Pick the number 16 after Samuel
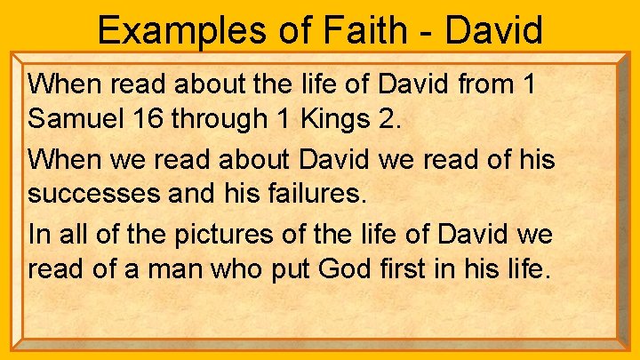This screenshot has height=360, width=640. [140, 116]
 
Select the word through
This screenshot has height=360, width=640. [212, 117]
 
